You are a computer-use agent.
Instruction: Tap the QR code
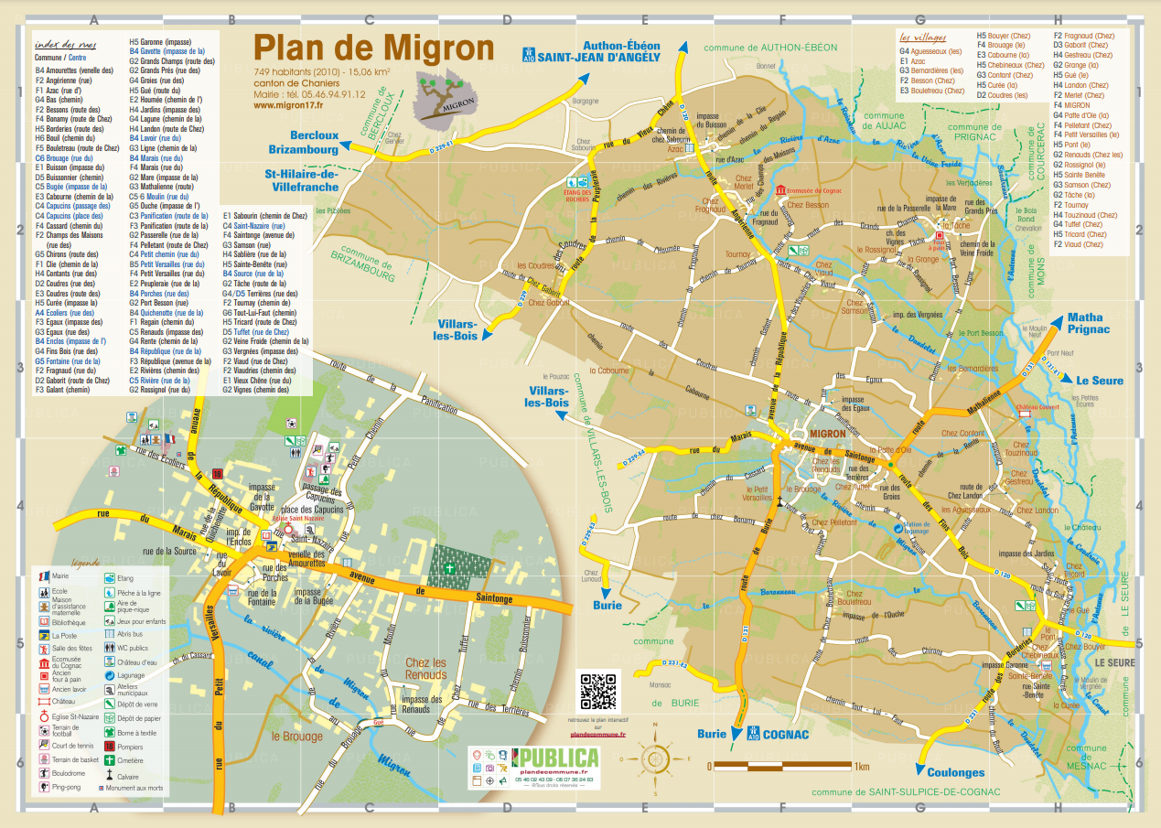(598, 691)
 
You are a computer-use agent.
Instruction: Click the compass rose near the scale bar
(656, 758)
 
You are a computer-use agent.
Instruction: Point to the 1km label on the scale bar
(859, 767)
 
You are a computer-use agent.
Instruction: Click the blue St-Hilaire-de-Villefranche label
(302, 180)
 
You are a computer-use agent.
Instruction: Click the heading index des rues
(64, 43)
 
